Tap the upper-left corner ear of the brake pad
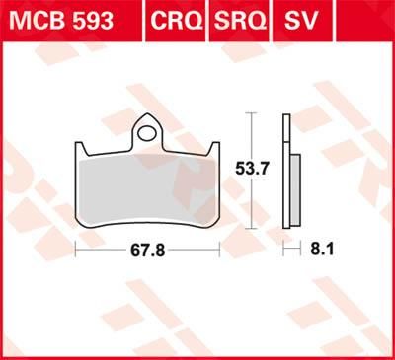pyautogui.click(x=80, y=148)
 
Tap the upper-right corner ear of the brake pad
pyautogui.click(x=213, y=148)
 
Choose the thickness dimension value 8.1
pyautogui.click(x=322, y=251)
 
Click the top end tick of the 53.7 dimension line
pyautogui.click(x=252, y=114)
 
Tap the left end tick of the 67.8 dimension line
pyautogui.click(x=77, y=251)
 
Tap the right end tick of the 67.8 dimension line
pyautogui.click(x=217, y=251)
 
